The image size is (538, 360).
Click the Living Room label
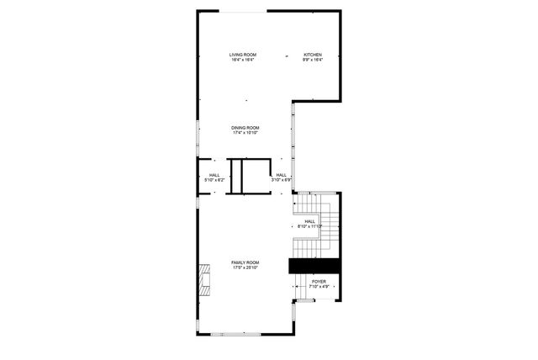coord(244,55)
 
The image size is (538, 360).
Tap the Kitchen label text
coord(313,55)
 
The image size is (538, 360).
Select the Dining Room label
coord(245,127)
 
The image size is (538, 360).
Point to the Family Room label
coord(245,262)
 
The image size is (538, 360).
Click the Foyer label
coord(319,282)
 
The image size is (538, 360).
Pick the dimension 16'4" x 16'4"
coord(244,60)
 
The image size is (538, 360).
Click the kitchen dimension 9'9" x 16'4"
coord(313,60)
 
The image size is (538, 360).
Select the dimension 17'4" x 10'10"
coord(245,132)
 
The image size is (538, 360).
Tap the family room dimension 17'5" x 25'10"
coord(245,267)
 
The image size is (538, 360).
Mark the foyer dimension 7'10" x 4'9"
coord(319,287)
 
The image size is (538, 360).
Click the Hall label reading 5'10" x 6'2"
coord(214,175)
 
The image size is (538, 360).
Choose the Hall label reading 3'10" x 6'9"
coord(281,175)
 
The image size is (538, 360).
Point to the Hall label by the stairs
coord(310,221)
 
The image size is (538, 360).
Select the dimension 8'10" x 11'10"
coord(310,226)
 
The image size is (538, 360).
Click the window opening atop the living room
coord(245,11)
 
